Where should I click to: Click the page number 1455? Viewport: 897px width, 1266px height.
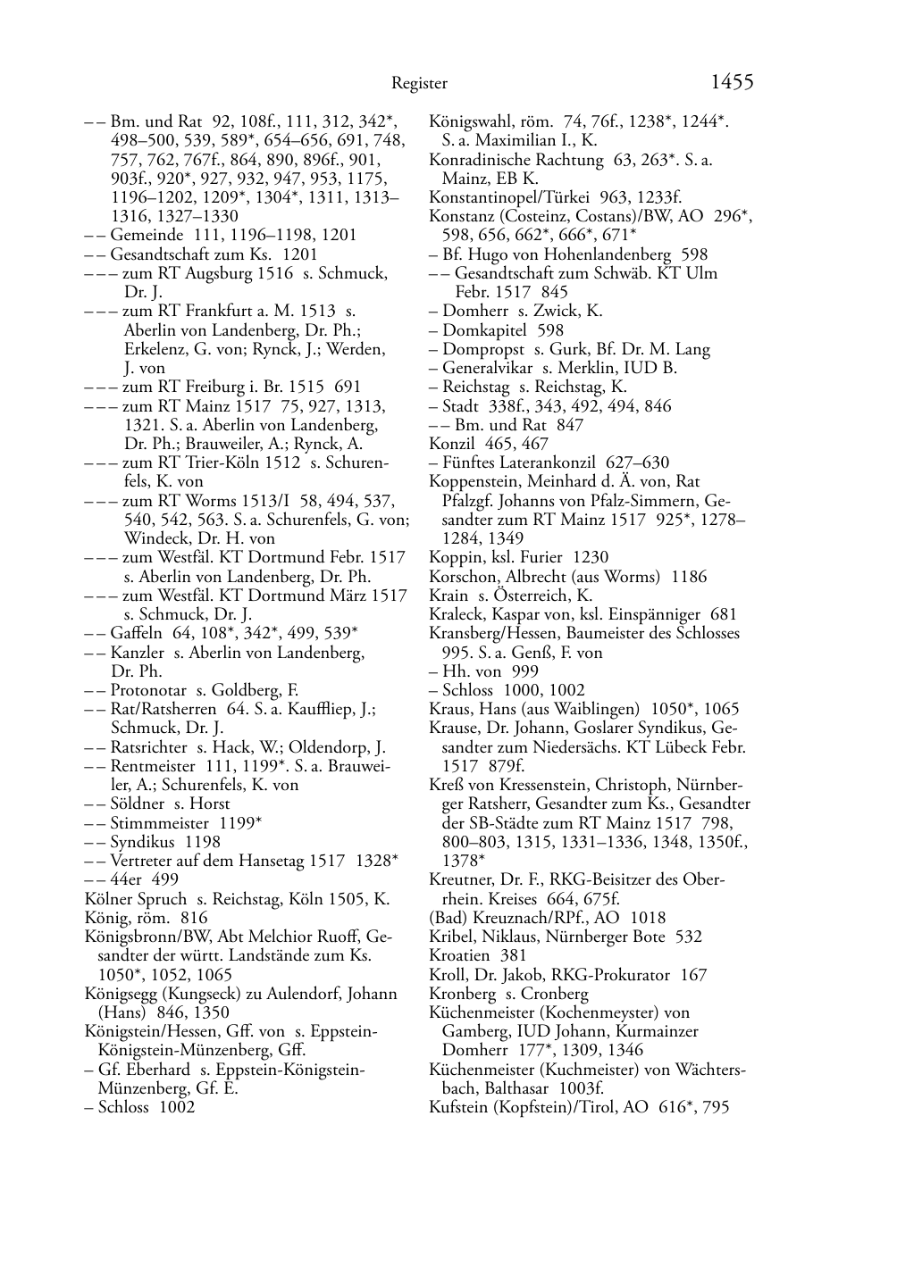(x=732, y=82)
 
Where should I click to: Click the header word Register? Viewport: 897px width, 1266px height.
(x=419, y=84)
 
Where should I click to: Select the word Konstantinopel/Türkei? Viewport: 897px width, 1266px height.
(x=506, y=197)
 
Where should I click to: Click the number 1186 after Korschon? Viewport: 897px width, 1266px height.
(x=683, y=576)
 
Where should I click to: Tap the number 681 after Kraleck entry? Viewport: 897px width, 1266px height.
(x=724, y=614)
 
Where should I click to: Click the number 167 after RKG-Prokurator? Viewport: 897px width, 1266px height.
(x=693, y=974)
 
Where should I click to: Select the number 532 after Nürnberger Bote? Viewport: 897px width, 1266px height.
(x=688, y=937)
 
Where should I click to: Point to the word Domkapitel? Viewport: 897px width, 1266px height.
(x=482, y=329)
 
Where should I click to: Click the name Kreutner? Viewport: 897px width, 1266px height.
(x=462, y=879)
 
